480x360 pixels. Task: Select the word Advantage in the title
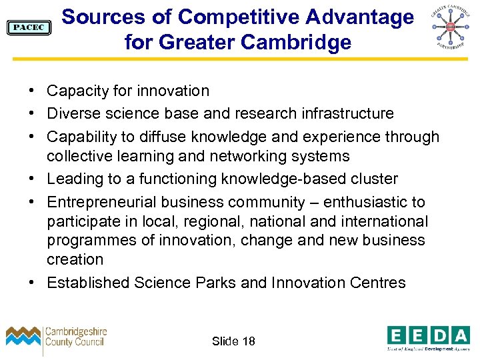pyautogui.click(x=357, y=17)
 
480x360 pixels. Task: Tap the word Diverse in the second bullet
pyautogui.click(x=73, y=114)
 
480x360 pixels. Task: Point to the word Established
pyautogui.click(x=88, y=283)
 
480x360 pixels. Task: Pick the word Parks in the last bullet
pyautogui.click(x=217, y=283)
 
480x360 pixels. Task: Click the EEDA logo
pyautogui.click(x=428, y=337)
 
